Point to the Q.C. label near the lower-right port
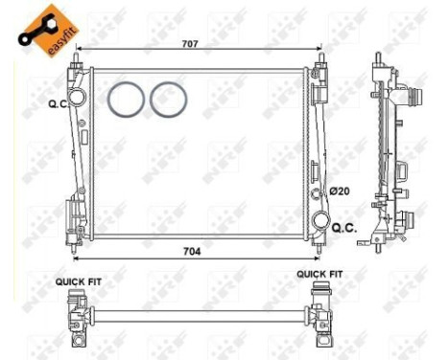(x=342, y=227)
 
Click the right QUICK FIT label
(x=318, y=274)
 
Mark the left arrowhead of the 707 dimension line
(x=78, y=50)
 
